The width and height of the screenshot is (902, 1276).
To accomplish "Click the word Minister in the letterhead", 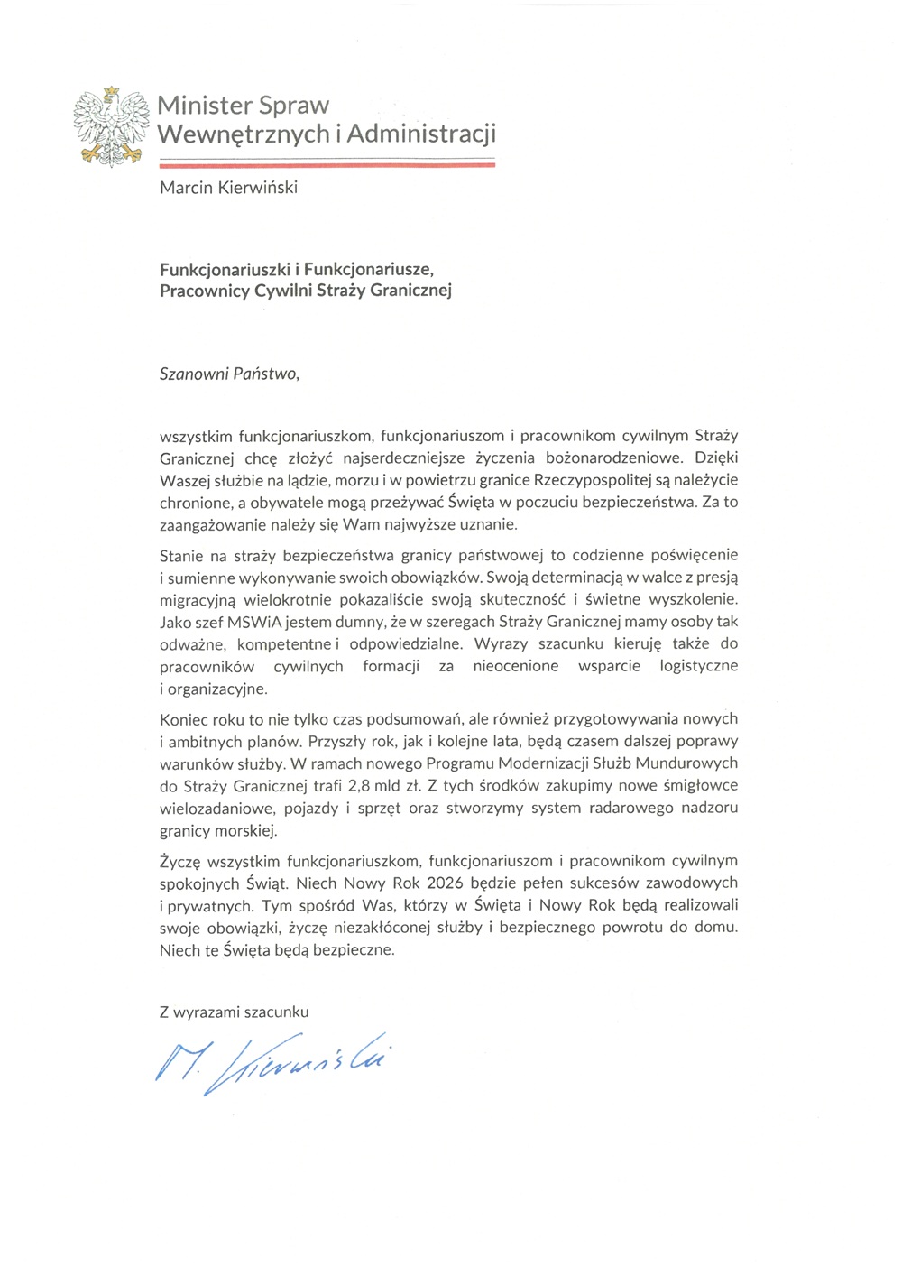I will tap(203, 106).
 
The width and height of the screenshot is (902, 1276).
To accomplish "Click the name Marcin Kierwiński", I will tap(228, 188).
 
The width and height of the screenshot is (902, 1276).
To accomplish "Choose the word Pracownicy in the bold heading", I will tap(200, 291).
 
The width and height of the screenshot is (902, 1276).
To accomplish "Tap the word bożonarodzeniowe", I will tap(597, 458).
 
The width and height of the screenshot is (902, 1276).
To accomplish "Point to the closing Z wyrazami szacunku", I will tap(235, 1012).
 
